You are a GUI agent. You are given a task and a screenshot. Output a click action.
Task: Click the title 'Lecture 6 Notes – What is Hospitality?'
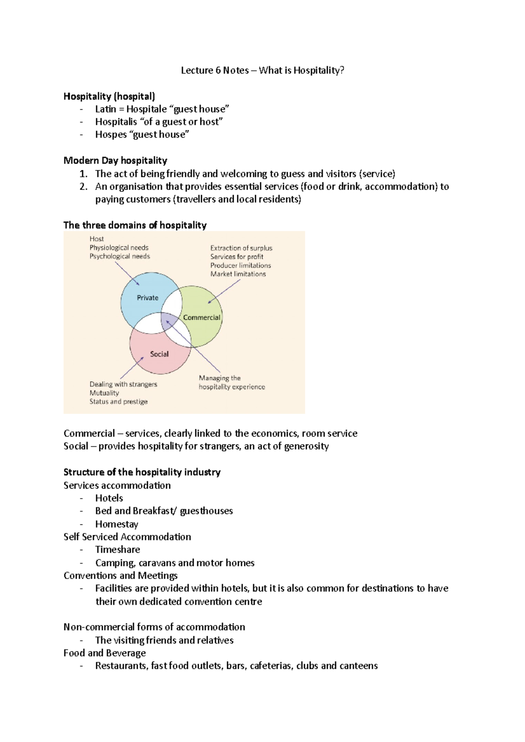click(262, 70)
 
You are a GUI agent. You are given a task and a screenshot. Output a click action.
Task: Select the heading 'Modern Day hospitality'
click(115, 160)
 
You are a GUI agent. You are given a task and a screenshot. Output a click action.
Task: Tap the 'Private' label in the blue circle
click(147, 298)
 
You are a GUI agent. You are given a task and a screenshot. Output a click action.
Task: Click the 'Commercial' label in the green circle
click(201, 317)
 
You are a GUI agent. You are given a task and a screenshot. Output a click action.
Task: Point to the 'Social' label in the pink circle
click(159, 354)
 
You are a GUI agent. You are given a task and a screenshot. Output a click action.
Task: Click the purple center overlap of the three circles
click(168, 322)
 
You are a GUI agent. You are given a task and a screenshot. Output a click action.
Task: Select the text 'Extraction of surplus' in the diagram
click(241, 248)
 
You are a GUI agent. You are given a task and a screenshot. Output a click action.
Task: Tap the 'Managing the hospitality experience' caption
click(231, 382)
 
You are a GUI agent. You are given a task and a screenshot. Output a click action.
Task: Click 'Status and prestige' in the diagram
click(119, 401)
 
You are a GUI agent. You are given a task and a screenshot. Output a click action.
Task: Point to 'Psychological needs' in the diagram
click(119, 256)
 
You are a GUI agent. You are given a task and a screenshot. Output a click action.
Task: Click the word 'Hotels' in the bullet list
click(109, 498)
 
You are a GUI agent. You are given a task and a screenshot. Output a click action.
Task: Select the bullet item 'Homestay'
click(117, 524)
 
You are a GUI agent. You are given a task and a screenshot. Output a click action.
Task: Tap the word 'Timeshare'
click(118, 550)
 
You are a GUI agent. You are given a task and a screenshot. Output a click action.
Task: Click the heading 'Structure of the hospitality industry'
click(142, 472)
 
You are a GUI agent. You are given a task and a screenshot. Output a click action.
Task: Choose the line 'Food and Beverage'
click(105, 653)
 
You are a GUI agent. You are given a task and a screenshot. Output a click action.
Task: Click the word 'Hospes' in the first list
click(111, 135)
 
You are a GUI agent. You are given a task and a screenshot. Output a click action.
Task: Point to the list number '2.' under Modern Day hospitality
click(84, 187)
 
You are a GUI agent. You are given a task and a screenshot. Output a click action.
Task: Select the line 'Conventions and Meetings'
click(120, 576)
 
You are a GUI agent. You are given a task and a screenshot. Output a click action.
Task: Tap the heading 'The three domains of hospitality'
click(135, 225)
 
